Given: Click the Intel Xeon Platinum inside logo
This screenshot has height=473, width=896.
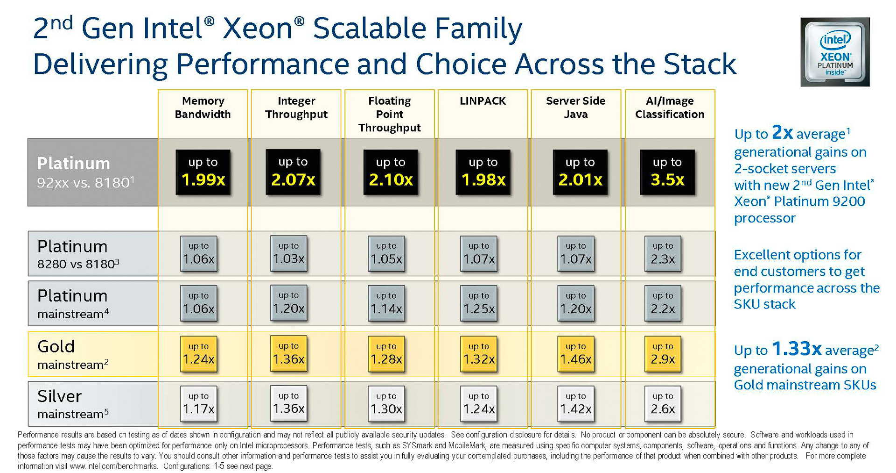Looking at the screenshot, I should point(835,52).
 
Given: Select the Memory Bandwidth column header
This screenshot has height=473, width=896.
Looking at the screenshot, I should point(203,107).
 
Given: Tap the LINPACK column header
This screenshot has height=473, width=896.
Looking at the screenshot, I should point(483,101).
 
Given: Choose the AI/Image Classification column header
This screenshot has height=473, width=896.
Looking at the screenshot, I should point(669,107).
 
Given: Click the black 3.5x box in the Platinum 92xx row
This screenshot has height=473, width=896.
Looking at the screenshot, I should point(667,172).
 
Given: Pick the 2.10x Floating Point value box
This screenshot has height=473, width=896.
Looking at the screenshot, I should point(391,172).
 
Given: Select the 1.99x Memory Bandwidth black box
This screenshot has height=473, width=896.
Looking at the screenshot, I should point(203,172).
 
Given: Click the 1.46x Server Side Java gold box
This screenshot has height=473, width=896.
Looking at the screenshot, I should point(576,354).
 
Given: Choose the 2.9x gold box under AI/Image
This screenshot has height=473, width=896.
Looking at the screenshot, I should point(663,354).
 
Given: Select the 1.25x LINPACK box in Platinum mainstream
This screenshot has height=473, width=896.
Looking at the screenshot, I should point(479,303).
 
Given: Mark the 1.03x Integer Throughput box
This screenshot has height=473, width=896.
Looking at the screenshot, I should point(289,253).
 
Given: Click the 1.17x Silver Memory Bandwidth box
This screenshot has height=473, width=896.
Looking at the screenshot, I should point(199,404).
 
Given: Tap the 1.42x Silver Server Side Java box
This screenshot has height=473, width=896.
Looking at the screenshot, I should point(576,404).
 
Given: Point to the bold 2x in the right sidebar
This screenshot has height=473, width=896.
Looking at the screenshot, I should point(782,132).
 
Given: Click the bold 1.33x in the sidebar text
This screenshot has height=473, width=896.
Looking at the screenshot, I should point(796,349).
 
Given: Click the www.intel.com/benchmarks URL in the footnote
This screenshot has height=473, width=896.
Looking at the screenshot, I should point(113,466).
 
